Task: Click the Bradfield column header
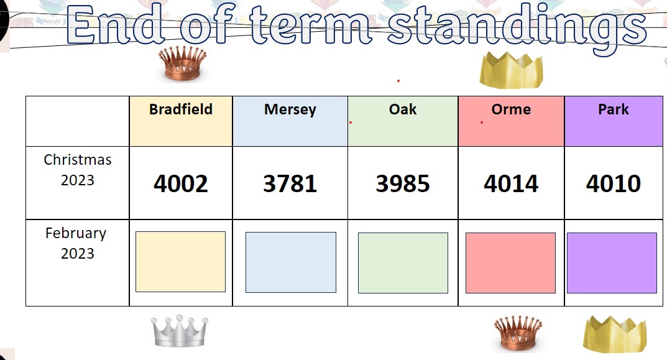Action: (181, 109)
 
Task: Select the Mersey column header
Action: (290, 110)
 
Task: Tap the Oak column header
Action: (403, 109)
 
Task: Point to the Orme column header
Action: (511, 109)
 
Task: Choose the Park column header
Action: (614, 109)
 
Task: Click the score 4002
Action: (181, 183)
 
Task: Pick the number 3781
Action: (290, 183)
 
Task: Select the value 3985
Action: (403, 183)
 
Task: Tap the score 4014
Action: (511, 183)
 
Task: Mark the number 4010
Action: (614, 183)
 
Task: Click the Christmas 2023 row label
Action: (78, 170)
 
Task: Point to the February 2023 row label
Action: (76, 243)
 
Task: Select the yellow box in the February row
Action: (180, 262)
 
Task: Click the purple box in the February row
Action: (612, 263)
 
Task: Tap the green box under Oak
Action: (403, 263)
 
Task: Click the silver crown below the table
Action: (180, 331)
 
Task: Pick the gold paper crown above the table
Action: (511, 70)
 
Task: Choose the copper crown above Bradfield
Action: (183, 63)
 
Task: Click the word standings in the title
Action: (517, 26)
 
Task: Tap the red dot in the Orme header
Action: (482, 122)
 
